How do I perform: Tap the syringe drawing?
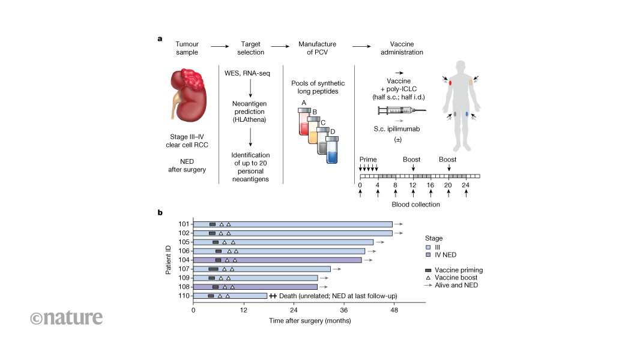click(402, 110)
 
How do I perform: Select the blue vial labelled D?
click(332, 150)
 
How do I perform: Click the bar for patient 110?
click(230, 296)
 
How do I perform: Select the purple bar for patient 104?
click(277, 260)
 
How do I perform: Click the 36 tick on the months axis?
click(343, 311)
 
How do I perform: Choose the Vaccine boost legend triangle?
click(427, 278)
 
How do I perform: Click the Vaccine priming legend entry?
click(427, 270)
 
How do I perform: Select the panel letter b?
click(160, 212)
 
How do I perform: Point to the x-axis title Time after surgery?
click(310, 321)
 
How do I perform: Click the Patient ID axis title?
click(168, 260)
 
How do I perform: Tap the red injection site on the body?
click(450, 82)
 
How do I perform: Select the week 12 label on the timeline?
click(412, 186)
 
